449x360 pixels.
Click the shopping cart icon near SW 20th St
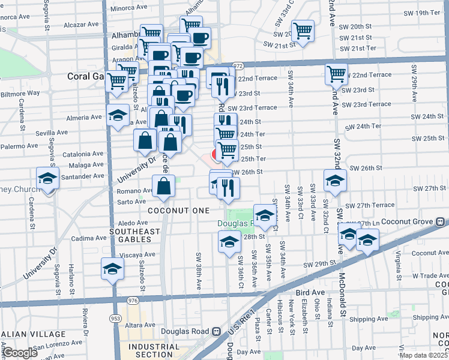point(303,31)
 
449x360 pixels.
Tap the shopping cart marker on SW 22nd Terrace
point(336,74)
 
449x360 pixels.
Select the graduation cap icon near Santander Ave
point(47,178)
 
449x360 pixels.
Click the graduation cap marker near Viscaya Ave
point(112,269)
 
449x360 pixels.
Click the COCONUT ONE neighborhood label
point(179,211)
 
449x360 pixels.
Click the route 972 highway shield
point(238,65)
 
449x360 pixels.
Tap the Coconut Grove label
point(421,222)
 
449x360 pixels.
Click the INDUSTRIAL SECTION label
point(154,350)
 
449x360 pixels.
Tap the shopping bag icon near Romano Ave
point(163,186)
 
